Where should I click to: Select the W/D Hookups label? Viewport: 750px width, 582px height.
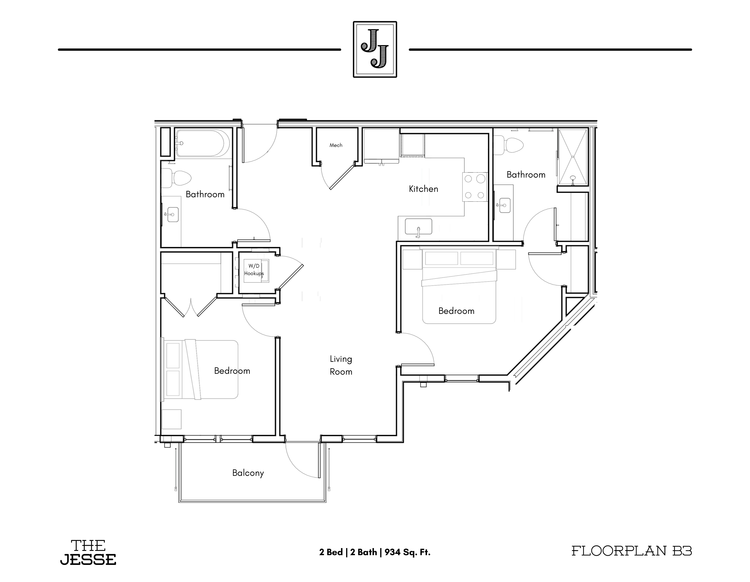point(254,270)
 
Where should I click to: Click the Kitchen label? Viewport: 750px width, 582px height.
point(423,189)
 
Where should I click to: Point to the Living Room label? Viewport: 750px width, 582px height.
point(341,365)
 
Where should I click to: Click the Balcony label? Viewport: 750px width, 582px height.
point(248,473)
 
